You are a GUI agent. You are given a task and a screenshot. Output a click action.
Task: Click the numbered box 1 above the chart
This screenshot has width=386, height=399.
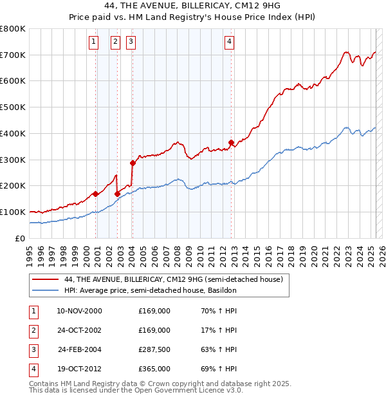point(93,42)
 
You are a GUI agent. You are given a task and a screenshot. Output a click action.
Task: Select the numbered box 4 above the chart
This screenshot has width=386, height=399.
point(230,42)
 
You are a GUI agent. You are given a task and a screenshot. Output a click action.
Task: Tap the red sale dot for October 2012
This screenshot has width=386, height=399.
point(232,142)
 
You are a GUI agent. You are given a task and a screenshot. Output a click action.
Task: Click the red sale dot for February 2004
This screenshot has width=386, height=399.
point(133,163)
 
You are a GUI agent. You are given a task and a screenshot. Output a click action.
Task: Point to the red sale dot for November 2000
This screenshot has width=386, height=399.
point(95,194)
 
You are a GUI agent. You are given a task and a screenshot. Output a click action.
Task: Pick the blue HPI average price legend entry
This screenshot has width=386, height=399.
point(151,291)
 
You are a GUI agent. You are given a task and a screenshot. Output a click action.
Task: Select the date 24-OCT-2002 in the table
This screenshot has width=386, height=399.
point(79,330)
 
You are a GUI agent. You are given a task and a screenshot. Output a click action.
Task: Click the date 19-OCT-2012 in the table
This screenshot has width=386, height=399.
point(79,369)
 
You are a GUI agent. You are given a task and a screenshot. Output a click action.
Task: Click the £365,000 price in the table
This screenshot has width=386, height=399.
point(154,369)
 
